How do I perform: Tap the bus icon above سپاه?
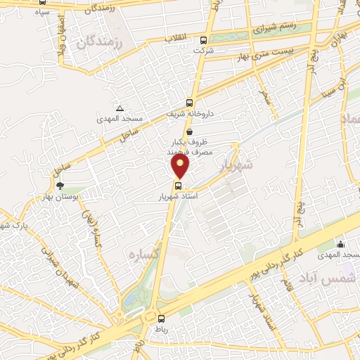point(43,2)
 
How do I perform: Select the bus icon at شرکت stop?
point(204,40)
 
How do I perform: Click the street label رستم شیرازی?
point(274,27)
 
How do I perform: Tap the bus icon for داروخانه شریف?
point(190,102)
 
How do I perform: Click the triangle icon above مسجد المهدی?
point(120,108)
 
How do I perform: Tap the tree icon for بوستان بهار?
point(60,186)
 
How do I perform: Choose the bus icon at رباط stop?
point(161,318)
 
